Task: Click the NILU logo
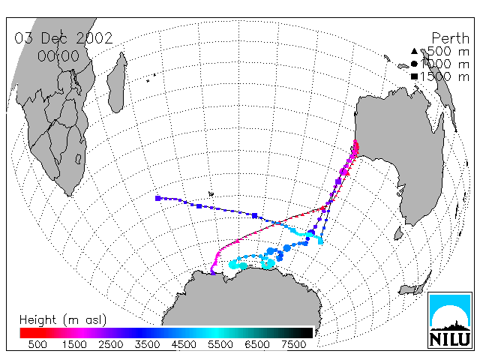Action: (x=450, y=320)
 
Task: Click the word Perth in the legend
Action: (x=450, y=38)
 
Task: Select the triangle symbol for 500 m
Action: (x=414, y=51)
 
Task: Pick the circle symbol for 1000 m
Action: (x=414, y=64)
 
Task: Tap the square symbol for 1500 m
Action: (x=414, y=76)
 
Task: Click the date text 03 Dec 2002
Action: (x=64, y=38)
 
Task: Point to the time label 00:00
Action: (x=58, y=56)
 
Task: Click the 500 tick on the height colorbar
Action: (x=37, y=345)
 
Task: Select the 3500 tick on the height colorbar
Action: (x=147, y=345)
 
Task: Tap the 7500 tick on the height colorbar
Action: (x=293, y=345)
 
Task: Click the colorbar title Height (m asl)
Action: (x=63, y=320)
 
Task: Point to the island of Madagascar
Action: (x=117, y=82)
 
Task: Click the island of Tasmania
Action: (x=398, y=233)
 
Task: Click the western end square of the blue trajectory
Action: (x=158, y=198)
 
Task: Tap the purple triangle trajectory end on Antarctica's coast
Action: (x=213, y=272)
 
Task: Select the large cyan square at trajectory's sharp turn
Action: (x=320, y=241)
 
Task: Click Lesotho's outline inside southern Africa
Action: (x=78, y=158)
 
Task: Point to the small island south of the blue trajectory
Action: (x=211, y=193)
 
